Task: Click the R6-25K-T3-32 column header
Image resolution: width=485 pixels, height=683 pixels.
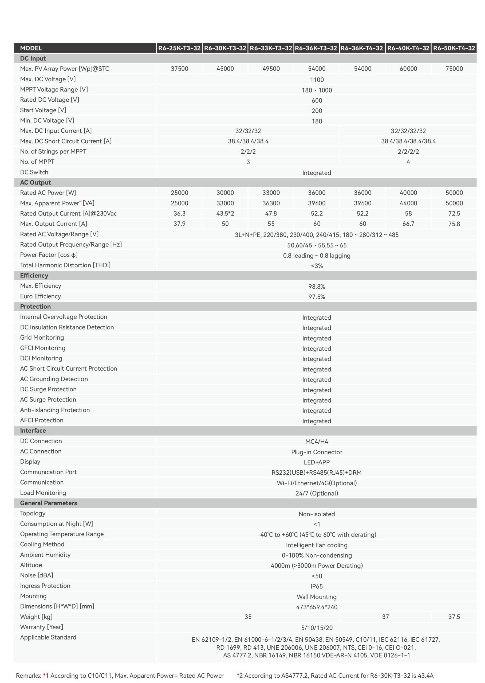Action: click(x=179, y=48)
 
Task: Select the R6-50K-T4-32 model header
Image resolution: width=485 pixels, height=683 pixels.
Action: click(x=454, y=48)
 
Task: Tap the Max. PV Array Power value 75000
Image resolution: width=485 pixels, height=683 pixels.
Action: click(x=454, y=69)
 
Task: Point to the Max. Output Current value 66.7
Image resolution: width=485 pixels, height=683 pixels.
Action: click(x=408, y=224)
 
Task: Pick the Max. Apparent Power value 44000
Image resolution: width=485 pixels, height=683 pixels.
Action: click(x=408, y=203)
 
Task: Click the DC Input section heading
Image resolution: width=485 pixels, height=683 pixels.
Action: click(x=33, y=58)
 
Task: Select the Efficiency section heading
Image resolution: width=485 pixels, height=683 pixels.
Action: click(x=34, y=276)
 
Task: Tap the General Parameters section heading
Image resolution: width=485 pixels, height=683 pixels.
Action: click(x=48, y=503)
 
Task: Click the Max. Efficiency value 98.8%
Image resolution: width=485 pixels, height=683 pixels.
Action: click(x=317, y=287)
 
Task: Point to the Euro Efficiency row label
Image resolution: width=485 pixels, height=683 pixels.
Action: click(x=40, y=296)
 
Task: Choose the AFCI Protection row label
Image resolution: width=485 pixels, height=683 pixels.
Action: click(x=42, y=420)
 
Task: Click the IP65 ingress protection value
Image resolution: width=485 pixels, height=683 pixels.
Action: click(x=317, y=586)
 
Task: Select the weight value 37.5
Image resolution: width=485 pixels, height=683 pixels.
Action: click(x=454, y=617)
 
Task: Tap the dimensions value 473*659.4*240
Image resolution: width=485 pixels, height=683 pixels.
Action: click(x=317, y=607)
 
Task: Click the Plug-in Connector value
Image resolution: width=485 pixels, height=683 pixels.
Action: click(x=317, y=452)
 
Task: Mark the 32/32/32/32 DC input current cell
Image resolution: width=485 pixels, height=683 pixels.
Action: click(x=408, y=131)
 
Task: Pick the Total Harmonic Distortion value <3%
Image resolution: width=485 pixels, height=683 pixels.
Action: click(x=317, y=266)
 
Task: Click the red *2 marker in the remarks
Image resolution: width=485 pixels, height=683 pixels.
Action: click(x=239, y=676)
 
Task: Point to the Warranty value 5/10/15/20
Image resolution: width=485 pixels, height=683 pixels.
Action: click(x=317, y=628)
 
